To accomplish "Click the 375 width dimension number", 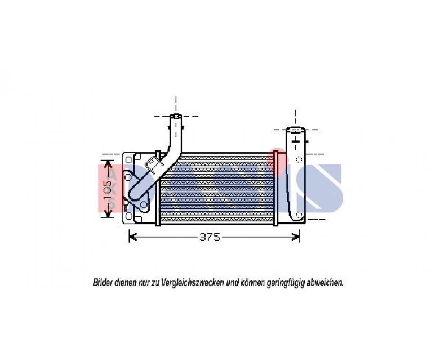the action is tap(210, 237).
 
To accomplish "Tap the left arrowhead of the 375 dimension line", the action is tap(132, 237).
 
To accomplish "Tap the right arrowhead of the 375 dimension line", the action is tap(296, 237).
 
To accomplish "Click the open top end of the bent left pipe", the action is tap(176, 116).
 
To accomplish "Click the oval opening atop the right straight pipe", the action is tap(296, 130).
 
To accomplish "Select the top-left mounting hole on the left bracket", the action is tap(129, 160).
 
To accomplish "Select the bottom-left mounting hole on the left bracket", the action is tap(129, 216).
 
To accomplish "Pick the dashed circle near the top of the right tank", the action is tap(299, 159).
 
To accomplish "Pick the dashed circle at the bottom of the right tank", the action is tap(299, 214).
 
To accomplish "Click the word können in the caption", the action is tap(252, 282).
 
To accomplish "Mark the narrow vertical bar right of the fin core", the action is tap(276, 188).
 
